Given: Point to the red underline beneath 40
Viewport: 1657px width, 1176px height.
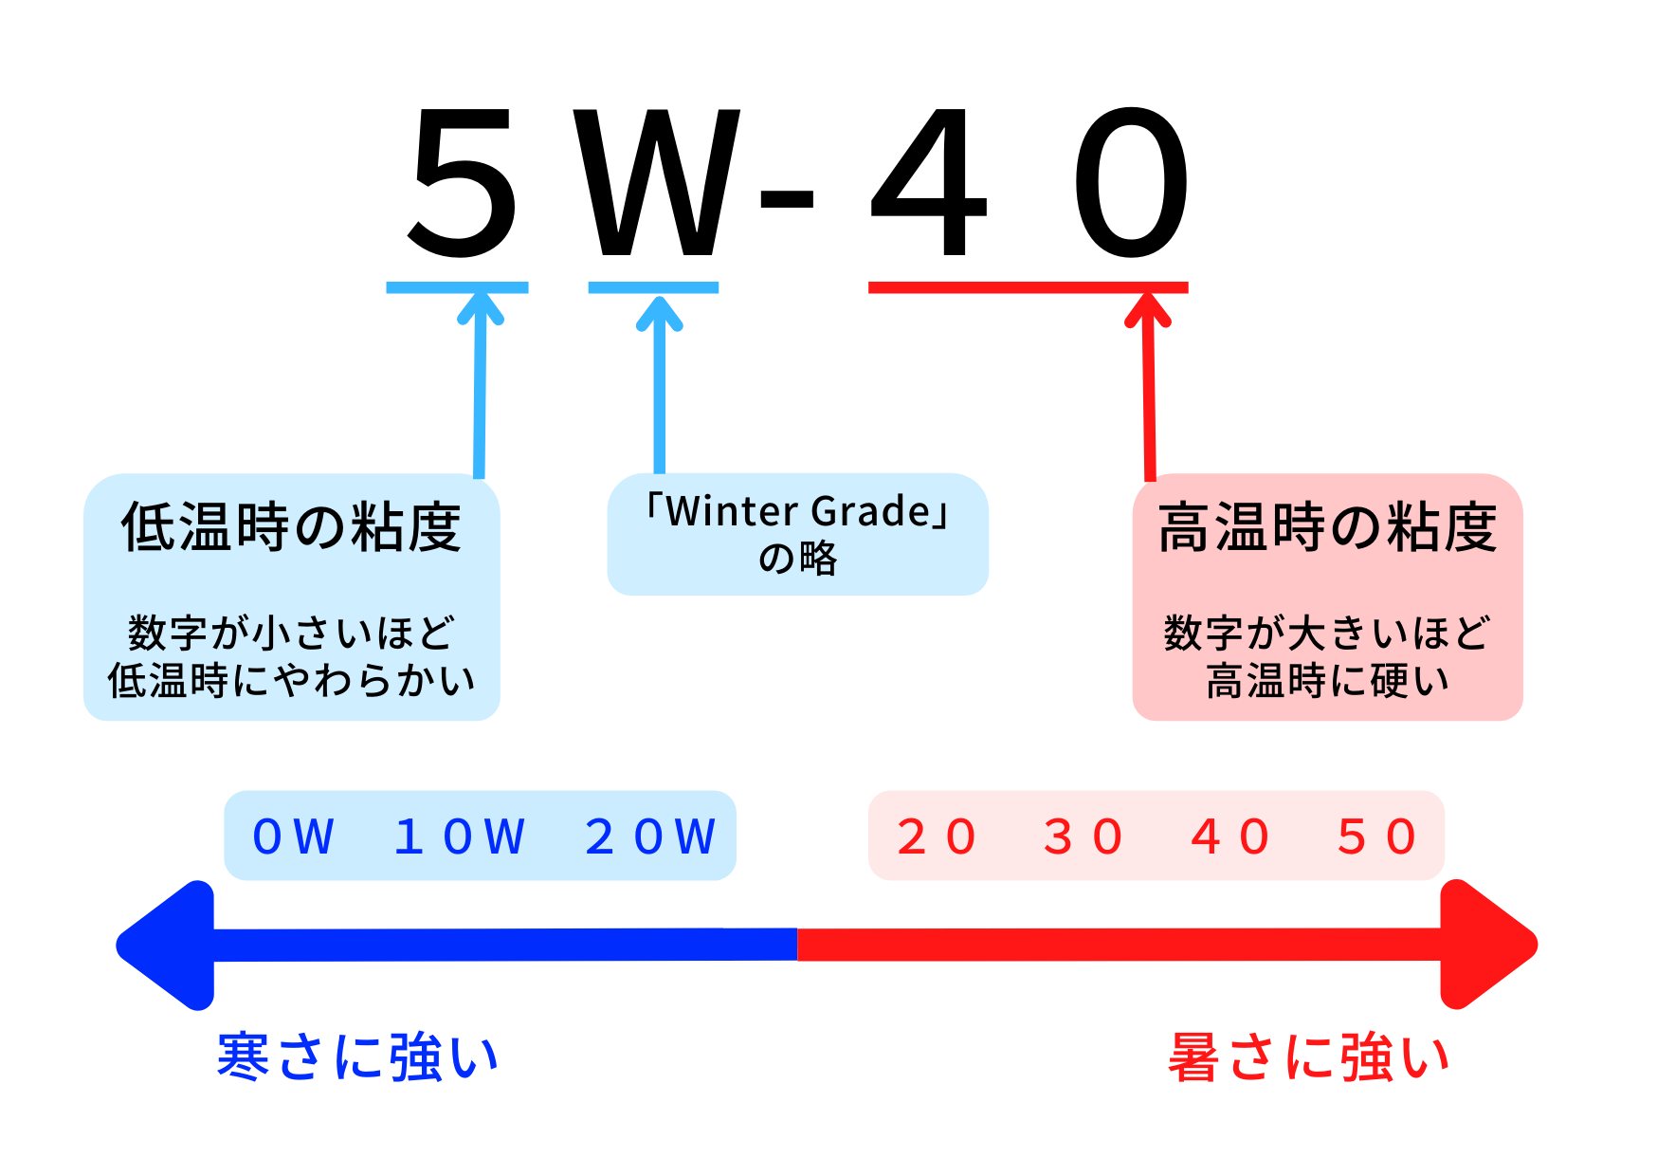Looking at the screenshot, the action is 1029,287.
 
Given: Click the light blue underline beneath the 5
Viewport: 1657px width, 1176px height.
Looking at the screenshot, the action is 457,287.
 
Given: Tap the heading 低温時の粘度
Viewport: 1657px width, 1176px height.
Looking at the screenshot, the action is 291,527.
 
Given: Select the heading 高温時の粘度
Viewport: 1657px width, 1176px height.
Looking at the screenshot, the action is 1327,527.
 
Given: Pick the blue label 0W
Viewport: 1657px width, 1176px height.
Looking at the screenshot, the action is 294,836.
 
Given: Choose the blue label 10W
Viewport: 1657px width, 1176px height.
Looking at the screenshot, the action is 460,836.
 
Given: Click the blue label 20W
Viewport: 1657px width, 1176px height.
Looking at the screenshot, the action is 650,836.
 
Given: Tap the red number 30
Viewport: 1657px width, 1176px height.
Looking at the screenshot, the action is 1083,836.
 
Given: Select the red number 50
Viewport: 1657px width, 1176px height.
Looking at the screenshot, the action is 1377,836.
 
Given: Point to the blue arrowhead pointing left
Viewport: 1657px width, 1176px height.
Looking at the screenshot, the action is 165,945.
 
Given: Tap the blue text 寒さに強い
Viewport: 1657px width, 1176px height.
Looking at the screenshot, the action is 357,1057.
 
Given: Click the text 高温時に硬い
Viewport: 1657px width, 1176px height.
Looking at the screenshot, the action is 1327,680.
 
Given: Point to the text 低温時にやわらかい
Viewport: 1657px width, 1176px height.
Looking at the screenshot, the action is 291,680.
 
